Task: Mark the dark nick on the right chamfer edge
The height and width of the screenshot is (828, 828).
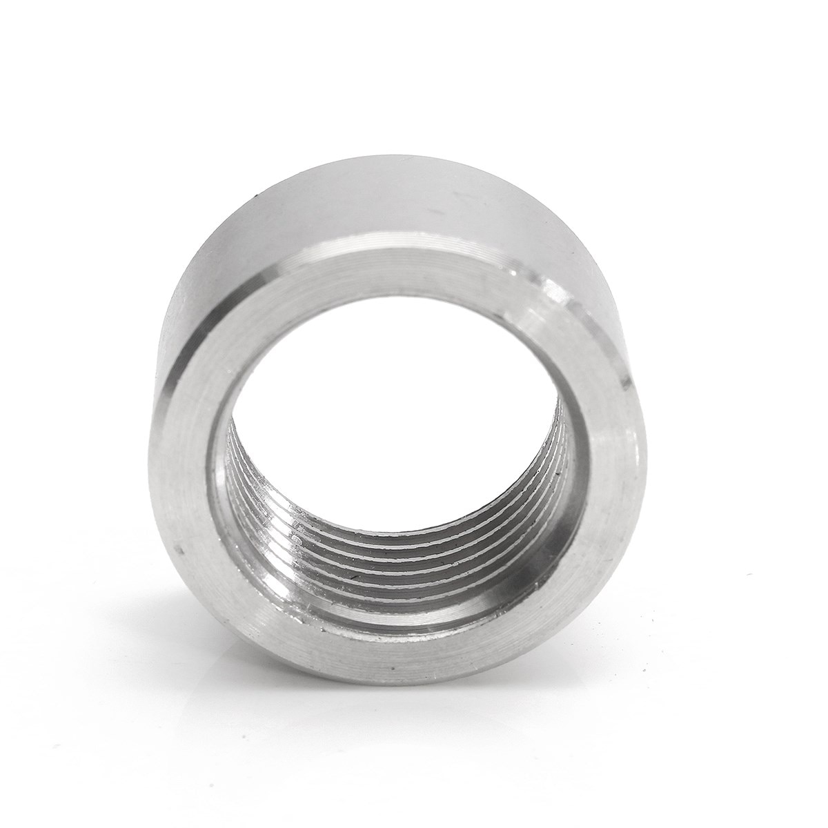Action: pyautogui.click(x=624, y=379)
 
